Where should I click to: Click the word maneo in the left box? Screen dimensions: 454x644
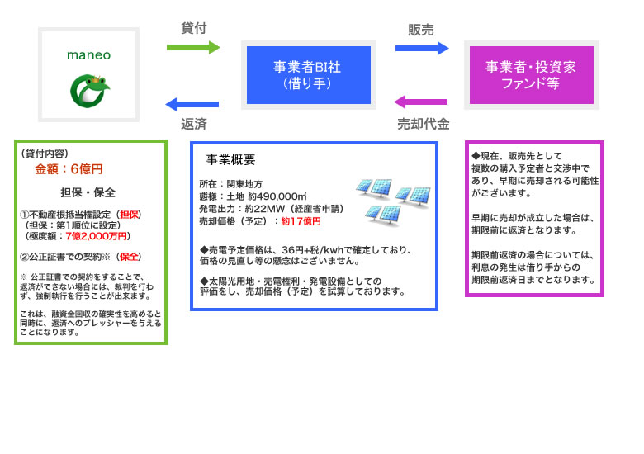88,56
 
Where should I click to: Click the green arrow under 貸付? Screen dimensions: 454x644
193,47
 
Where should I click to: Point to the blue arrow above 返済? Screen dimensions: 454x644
192,104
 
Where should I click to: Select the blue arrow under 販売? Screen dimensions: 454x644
422,48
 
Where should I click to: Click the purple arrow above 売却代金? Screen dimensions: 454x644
421,102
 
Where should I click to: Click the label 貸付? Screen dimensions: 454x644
193,28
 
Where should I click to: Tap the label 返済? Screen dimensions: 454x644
193,124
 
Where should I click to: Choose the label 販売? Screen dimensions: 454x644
421,30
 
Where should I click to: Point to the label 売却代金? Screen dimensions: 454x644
423,124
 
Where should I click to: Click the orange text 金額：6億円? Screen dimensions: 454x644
69,169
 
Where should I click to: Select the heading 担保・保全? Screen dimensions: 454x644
88,192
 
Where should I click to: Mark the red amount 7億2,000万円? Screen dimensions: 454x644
99,236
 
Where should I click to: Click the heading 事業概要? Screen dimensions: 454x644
230,159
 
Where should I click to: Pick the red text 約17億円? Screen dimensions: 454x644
301,221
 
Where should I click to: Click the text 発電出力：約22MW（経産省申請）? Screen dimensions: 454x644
271,209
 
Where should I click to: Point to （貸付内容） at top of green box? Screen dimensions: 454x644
45,153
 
